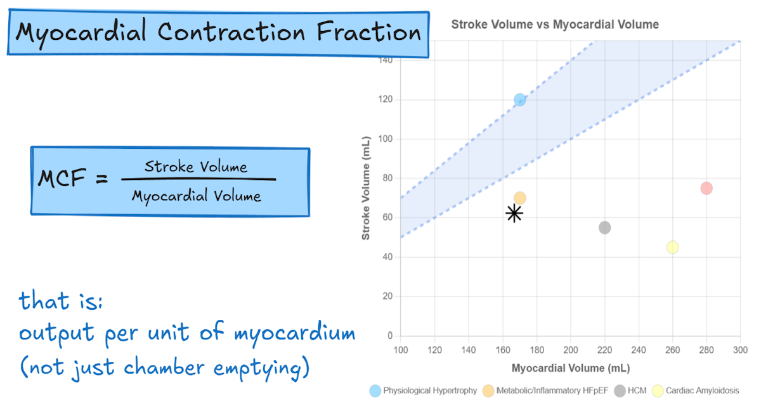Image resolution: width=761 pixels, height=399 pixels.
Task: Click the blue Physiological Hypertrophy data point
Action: click(x=520, y=99)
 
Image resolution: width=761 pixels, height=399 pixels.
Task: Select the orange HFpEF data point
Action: click(x=520, y=198)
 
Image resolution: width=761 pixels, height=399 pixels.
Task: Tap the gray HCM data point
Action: click(x=605, y=227)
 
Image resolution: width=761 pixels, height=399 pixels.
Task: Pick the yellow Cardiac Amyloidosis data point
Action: click(x=673, y=247)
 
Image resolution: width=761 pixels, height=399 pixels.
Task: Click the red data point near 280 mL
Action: click(x=706, y=188)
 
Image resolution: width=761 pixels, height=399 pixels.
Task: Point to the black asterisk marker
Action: click(x=514, y=213)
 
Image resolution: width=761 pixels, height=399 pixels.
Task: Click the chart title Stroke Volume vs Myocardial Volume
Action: click(x=555, y=25)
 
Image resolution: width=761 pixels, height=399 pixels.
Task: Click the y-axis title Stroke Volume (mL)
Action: click(x=366, y=189)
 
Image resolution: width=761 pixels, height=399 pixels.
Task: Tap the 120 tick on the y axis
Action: click(x=385, y=99)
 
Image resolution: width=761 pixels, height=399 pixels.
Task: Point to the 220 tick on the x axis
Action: click(x=604, y=349)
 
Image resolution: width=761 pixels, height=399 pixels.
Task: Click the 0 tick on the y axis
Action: click(x=390, y=336)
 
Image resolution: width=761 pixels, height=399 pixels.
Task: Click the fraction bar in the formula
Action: click(x=198, y=179)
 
